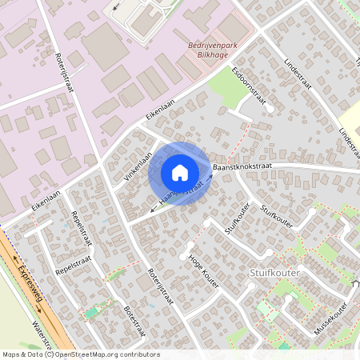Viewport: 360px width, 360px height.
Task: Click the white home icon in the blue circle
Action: (x=179, y=173)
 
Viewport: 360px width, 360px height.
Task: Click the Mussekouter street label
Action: (x=330, y=318)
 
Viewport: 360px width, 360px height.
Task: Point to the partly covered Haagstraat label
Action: (x=181, y=196)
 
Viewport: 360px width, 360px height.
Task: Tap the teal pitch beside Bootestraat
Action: (x=94, y=311)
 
